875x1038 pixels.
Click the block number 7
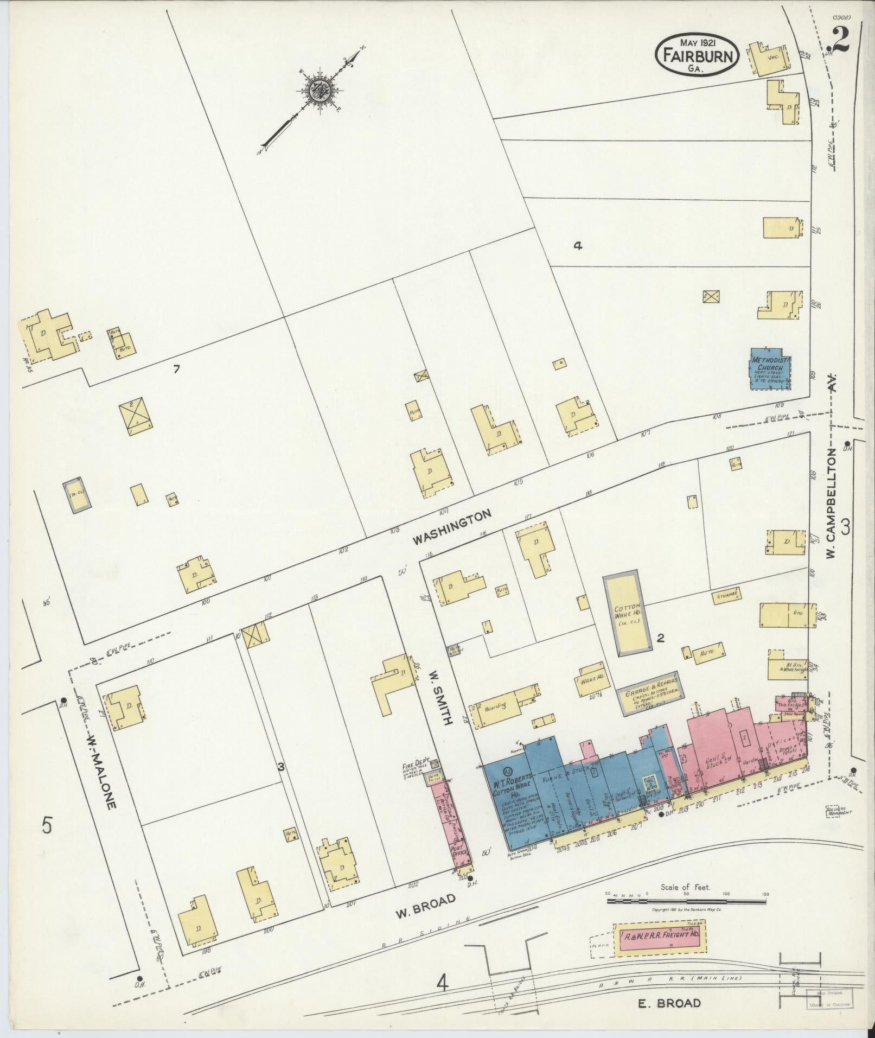pos(176,370)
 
